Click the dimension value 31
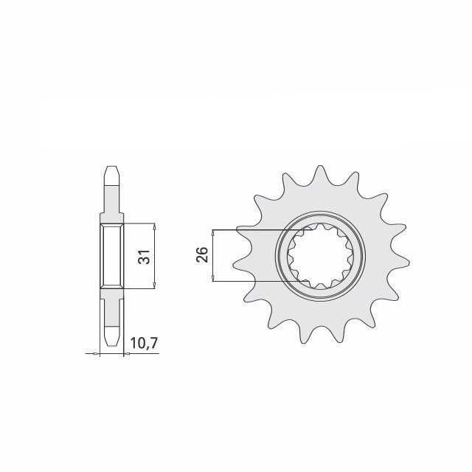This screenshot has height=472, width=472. (x=145, y=257)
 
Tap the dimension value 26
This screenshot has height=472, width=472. (x=203, y=255)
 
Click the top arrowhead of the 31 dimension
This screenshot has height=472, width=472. (x=153, y=225)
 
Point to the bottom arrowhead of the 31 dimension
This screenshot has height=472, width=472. (x=153, y=288)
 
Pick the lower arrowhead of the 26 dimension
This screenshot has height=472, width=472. (x=212, y=278)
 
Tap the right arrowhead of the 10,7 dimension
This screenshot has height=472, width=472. (x=126, y=354)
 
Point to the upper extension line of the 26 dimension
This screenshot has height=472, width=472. (x=251, y=229)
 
